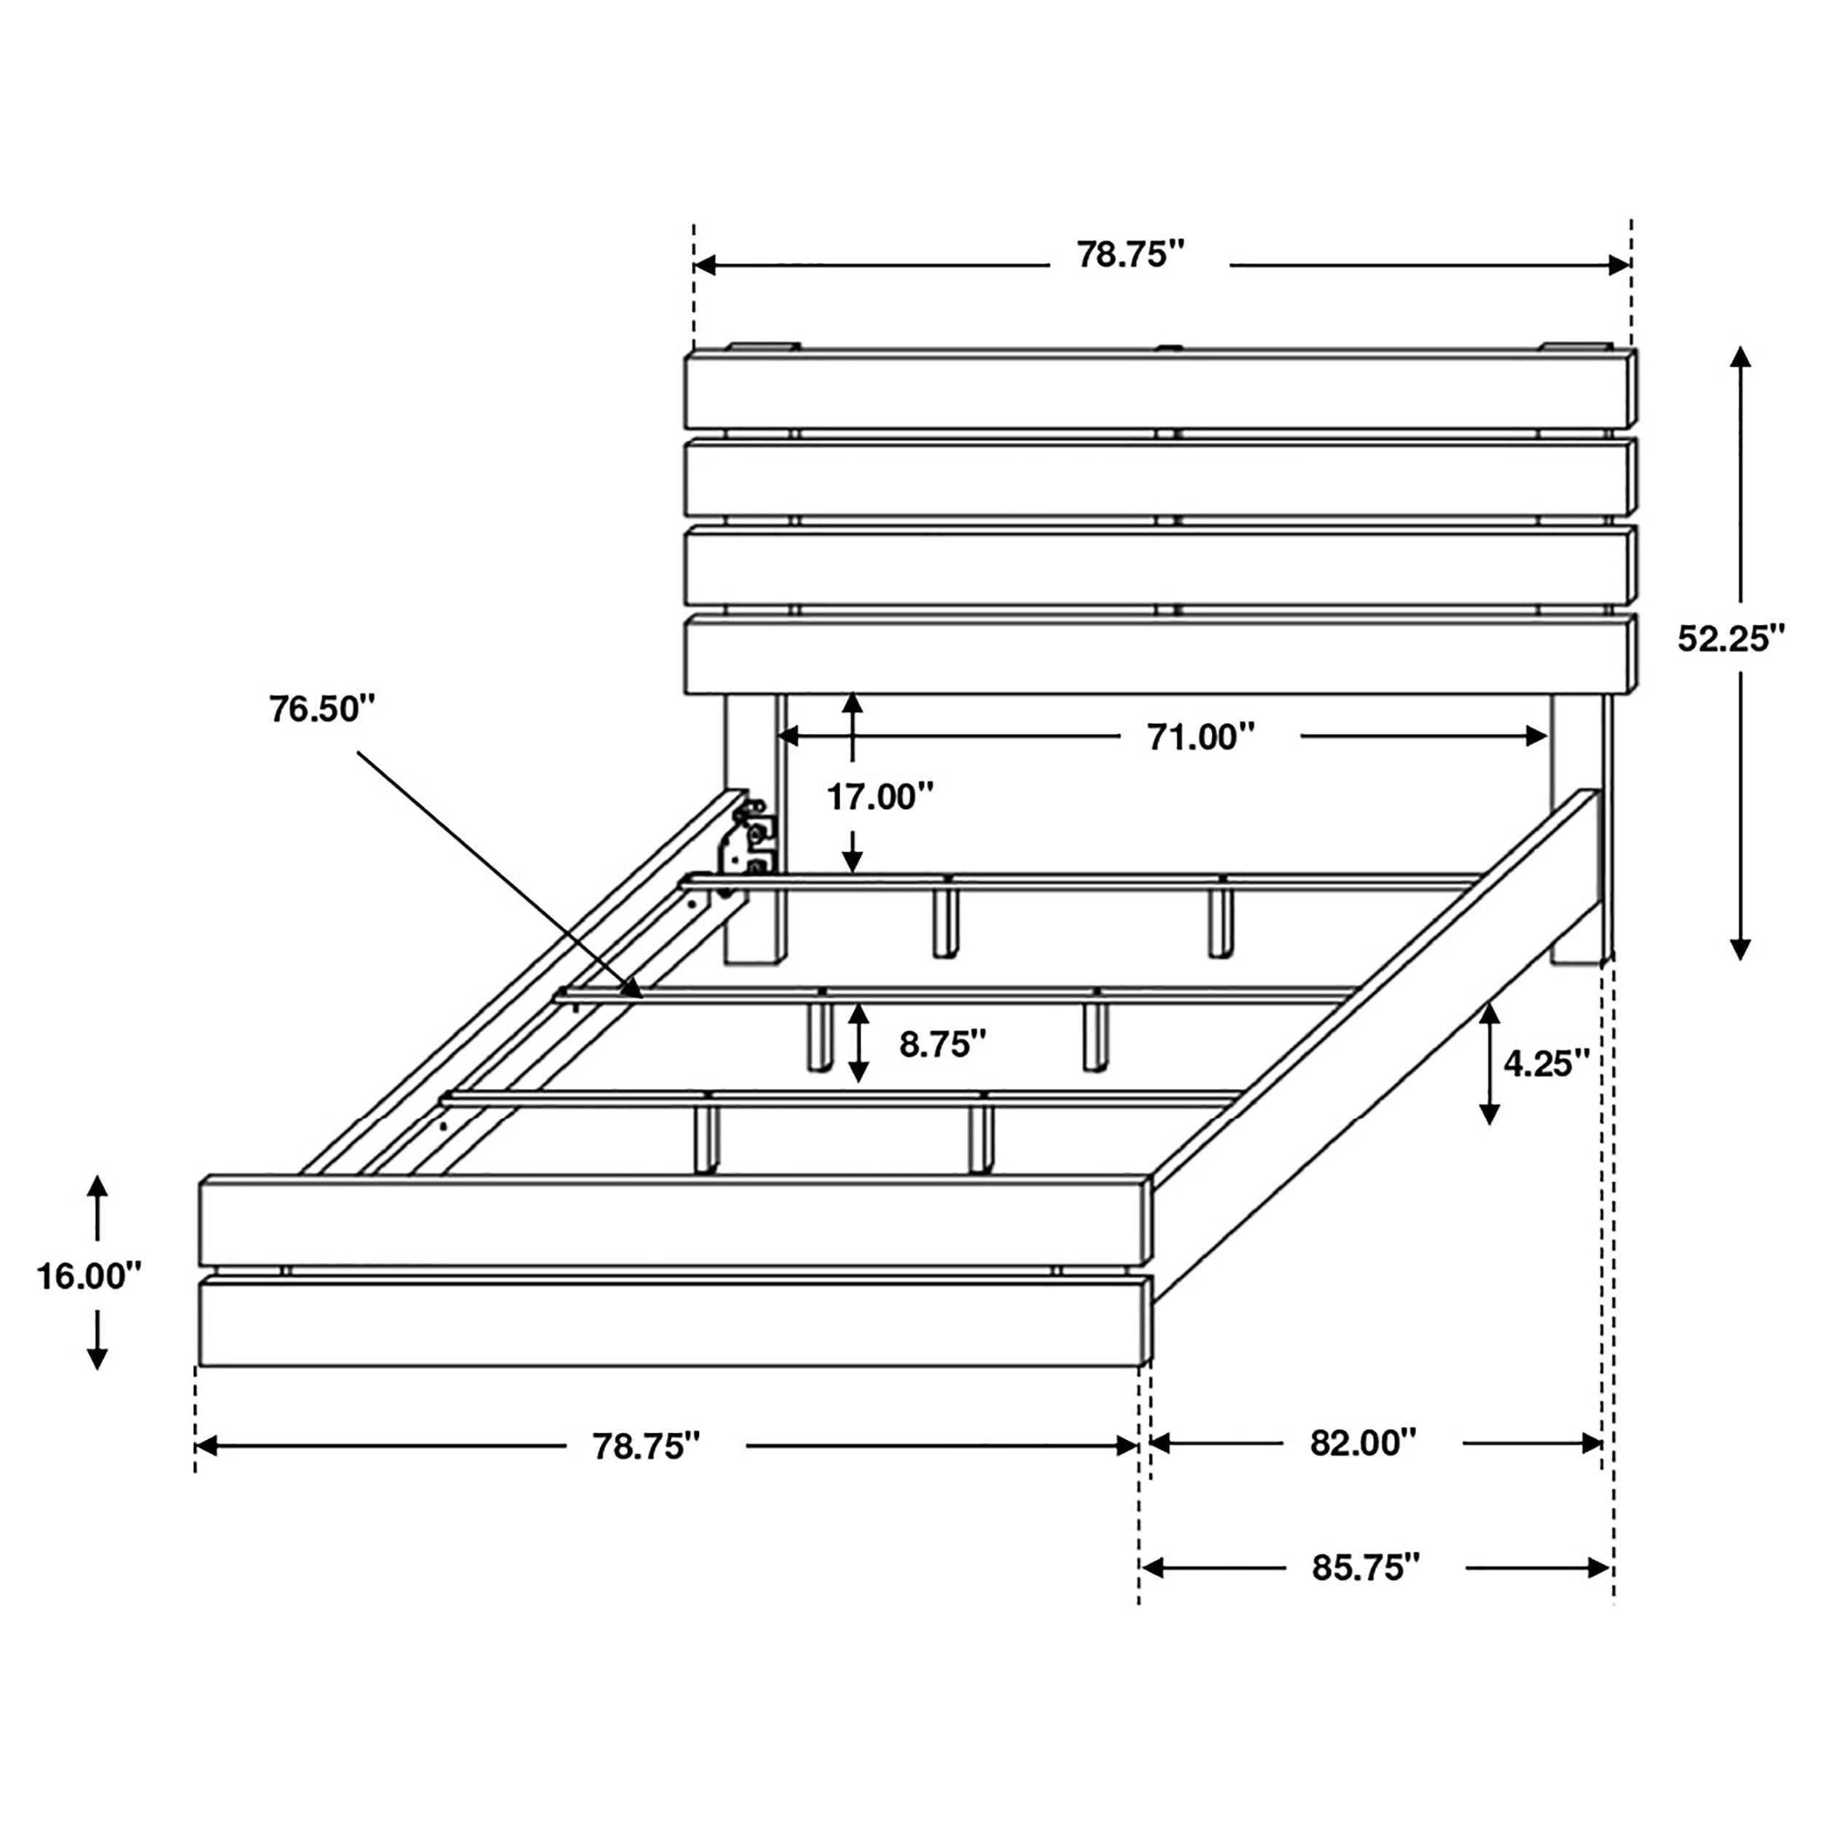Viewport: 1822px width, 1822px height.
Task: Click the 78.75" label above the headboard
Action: [1130, 254]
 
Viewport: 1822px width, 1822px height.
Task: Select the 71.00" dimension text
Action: [1200, 737]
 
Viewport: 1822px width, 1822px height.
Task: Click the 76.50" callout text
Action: [321, 708]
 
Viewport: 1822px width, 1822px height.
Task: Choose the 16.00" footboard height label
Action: [89, 1276]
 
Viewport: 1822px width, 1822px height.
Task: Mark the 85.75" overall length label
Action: [1366, 1568]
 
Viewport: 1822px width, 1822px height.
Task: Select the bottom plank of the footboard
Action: [673, 1322]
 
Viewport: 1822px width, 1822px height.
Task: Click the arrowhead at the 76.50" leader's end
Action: [634, 990]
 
